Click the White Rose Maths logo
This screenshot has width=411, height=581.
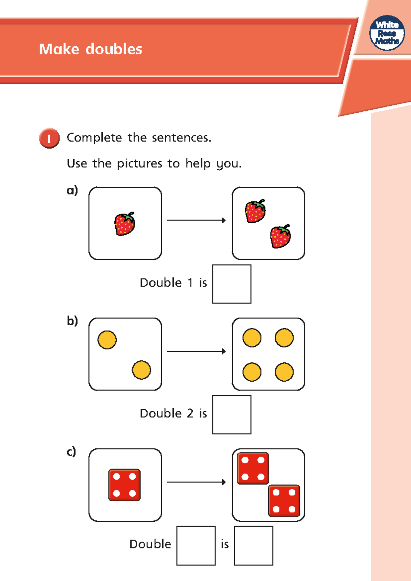387,33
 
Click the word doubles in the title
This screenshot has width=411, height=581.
114,49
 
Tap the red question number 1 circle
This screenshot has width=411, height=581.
49,138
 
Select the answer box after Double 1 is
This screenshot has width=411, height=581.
232,284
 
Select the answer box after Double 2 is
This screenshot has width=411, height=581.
232,415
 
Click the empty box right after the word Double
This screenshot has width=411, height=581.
196,545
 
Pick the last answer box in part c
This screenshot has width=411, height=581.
253,545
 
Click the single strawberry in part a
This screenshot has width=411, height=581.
125,224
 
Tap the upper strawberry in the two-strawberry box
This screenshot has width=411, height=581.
256,211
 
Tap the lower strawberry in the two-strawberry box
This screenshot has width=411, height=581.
281,236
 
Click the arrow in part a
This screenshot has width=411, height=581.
196,220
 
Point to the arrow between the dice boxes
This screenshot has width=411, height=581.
196,482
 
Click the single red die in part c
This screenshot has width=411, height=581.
125,485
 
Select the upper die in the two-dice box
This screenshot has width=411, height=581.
253,468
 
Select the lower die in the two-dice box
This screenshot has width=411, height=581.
284,500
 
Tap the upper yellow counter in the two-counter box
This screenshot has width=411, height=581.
107,340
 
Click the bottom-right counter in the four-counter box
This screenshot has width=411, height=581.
284,372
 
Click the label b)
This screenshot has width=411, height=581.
72,321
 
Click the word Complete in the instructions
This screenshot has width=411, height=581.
94,138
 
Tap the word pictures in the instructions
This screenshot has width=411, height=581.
139,164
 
